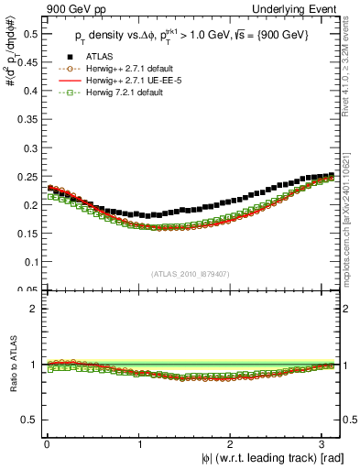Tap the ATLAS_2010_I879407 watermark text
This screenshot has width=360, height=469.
pos(190,272)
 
